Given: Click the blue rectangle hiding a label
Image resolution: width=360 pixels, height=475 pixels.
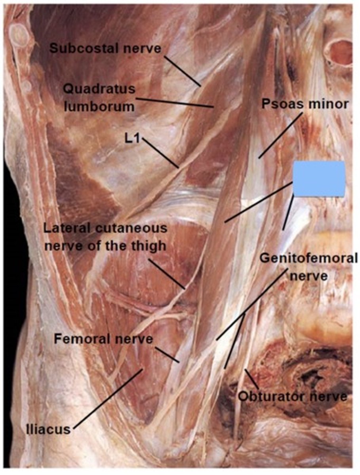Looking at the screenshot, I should pyautogui.click(x=319, y=179).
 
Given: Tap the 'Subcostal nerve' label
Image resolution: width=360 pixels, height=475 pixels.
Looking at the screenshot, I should pyautogui.click(x=105, y=49).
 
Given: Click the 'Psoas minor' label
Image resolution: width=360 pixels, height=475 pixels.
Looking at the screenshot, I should pyautogui.click(x=305, y=104).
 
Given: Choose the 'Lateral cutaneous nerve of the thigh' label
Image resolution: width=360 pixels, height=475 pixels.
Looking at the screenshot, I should pyautogui.click(x=105, y=237).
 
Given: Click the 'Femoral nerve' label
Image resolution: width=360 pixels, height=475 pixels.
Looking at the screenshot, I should pyautogui.click(x=103, y=339).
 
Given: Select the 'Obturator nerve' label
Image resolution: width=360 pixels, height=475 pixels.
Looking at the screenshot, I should pyautogui.click(x=293, y=396).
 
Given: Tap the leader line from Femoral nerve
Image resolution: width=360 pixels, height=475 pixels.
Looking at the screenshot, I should pyautogui.click(x=167, y=355).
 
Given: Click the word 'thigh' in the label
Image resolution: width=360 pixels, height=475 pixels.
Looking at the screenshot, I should pyautogui.click(x=149, y=246).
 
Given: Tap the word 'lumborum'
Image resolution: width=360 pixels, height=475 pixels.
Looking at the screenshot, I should pyautogui.click(x=99, y=106).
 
